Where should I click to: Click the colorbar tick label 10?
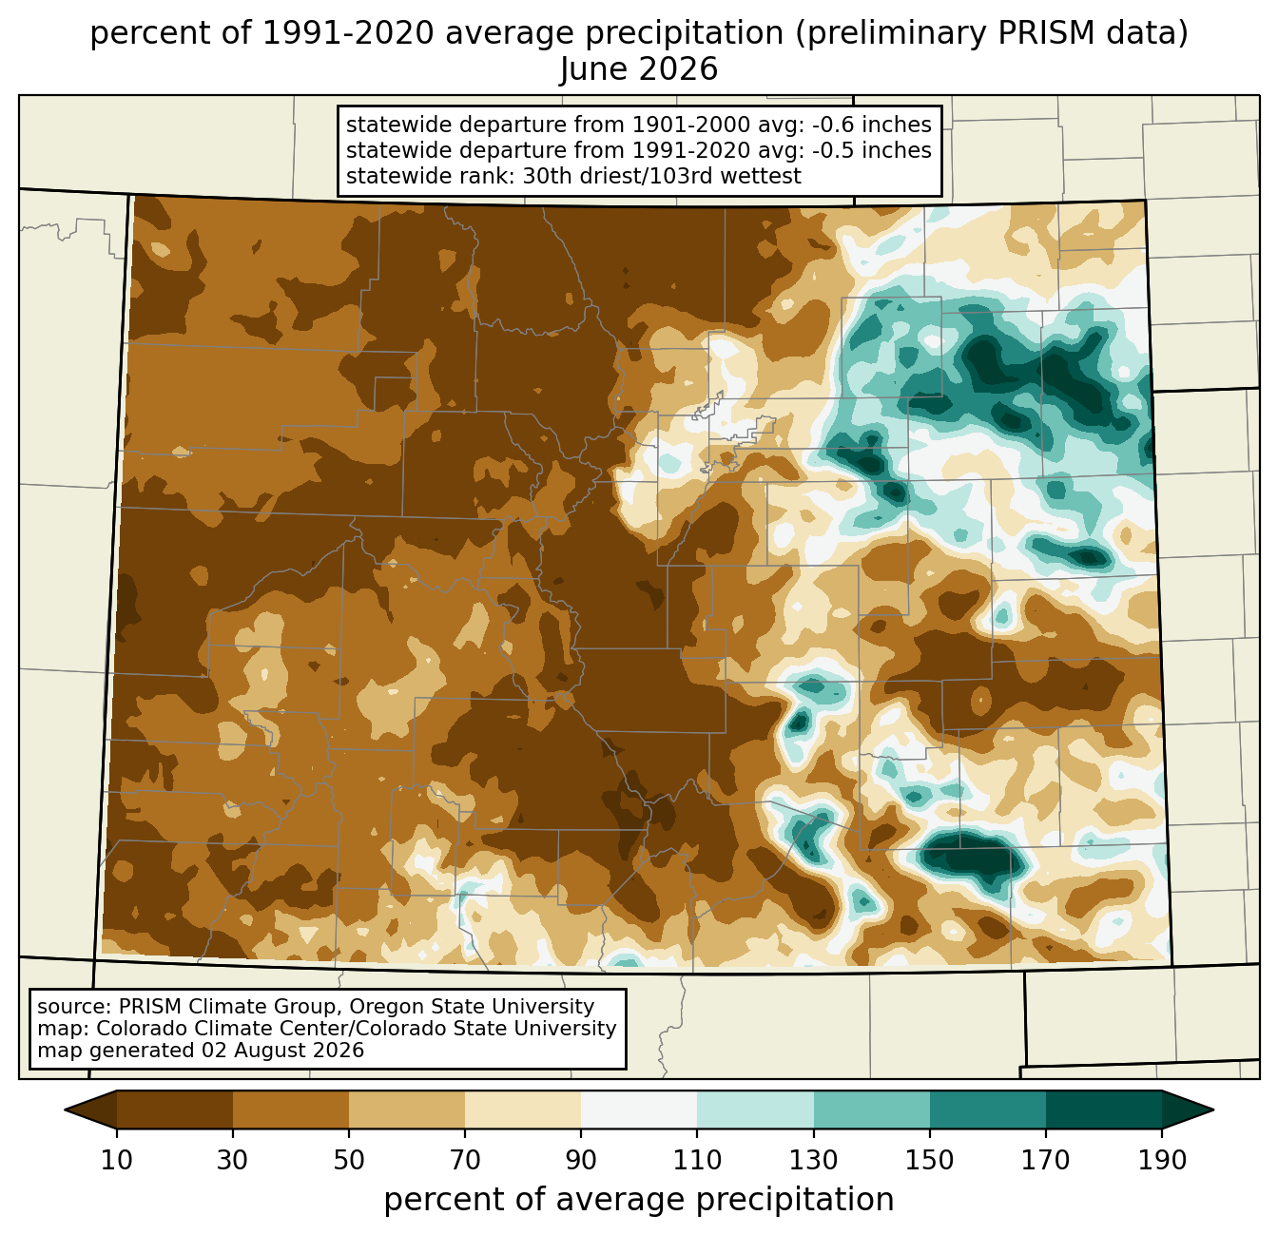pyautogui.click(x=116, y=1160)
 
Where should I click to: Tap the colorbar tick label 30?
pyautogui.click(x=232, y=1160)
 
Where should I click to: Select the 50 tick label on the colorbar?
pyautogui.click(x=349, y=1160)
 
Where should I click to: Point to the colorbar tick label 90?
pyautogui.click(x=581, y=1160)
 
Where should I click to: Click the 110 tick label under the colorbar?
pyautogui.click(x=697, y=1160)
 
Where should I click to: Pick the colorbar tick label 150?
pyautogui.click(x=929, y=1160)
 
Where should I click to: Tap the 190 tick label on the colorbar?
pyautogui.click(x=1162, y=1160)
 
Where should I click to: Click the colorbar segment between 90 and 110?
pyautogui.click(x=639, y=1110)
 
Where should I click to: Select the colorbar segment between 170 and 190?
pyautogui.click(x=1103, y=1110)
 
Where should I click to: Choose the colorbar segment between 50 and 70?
pyautogui.click(x=407, y=1110)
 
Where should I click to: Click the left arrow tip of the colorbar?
pyautogui.click(x=65, y=1110)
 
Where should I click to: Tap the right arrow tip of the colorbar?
pyautogui.click(x=1213, y=1110)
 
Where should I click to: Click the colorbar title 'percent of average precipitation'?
pyautogui.click(x=639, y=1200)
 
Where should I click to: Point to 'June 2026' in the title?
pyautogui.click(x=639, y=69)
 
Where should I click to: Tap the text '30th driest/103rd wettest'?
pyautogui.click(x=662, y=176)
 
